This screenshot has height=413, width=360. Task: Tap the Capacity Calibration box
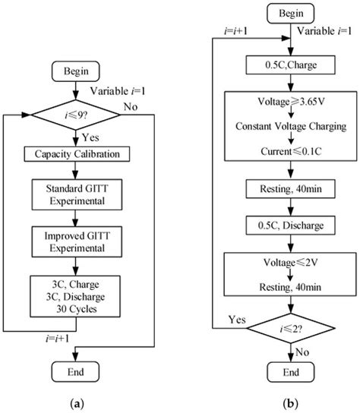(x=80, y=154)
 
